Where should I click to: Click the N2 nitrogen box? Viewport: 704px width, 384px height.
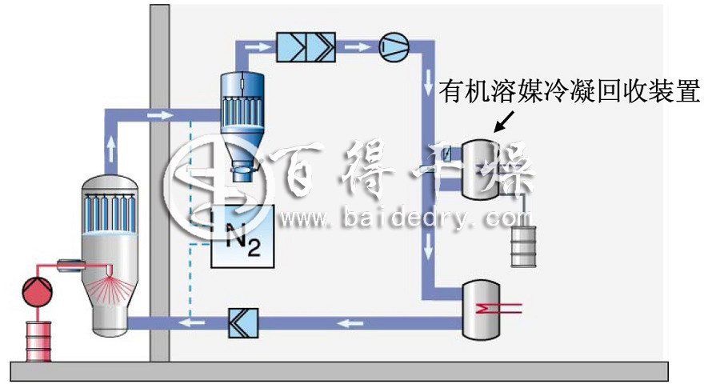242,236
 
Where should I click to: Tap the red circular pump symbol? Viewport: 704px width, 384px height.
38,292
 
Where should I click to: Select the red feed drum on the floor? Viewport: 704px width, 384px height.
38,342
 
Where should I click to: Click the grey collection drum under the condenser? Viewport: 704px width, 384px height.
523,246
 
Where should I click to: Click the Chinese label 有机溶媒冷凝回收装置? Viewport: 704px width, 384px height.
570,91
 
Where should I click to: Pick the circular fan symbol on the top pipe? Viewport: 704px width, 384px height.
394,46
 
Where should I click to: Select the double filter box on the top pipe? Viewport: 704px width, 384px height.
306,46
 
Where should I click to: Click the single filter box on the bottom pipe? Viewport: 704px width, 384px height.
243,323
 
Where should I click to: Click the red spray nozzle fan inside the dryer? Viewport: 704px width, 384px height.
109,286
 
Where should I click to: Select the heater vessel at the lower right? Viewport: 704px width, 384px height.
481,310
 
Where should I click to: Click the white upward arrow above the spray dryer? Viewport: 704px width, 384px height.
111,149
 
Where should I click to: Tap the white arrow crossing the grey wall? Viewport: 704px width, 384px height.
160,115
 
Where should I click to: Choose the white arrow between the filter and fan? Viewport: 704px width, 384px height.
358,46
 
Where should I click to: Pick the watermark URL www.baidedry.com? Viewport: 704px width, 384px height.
405,219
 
